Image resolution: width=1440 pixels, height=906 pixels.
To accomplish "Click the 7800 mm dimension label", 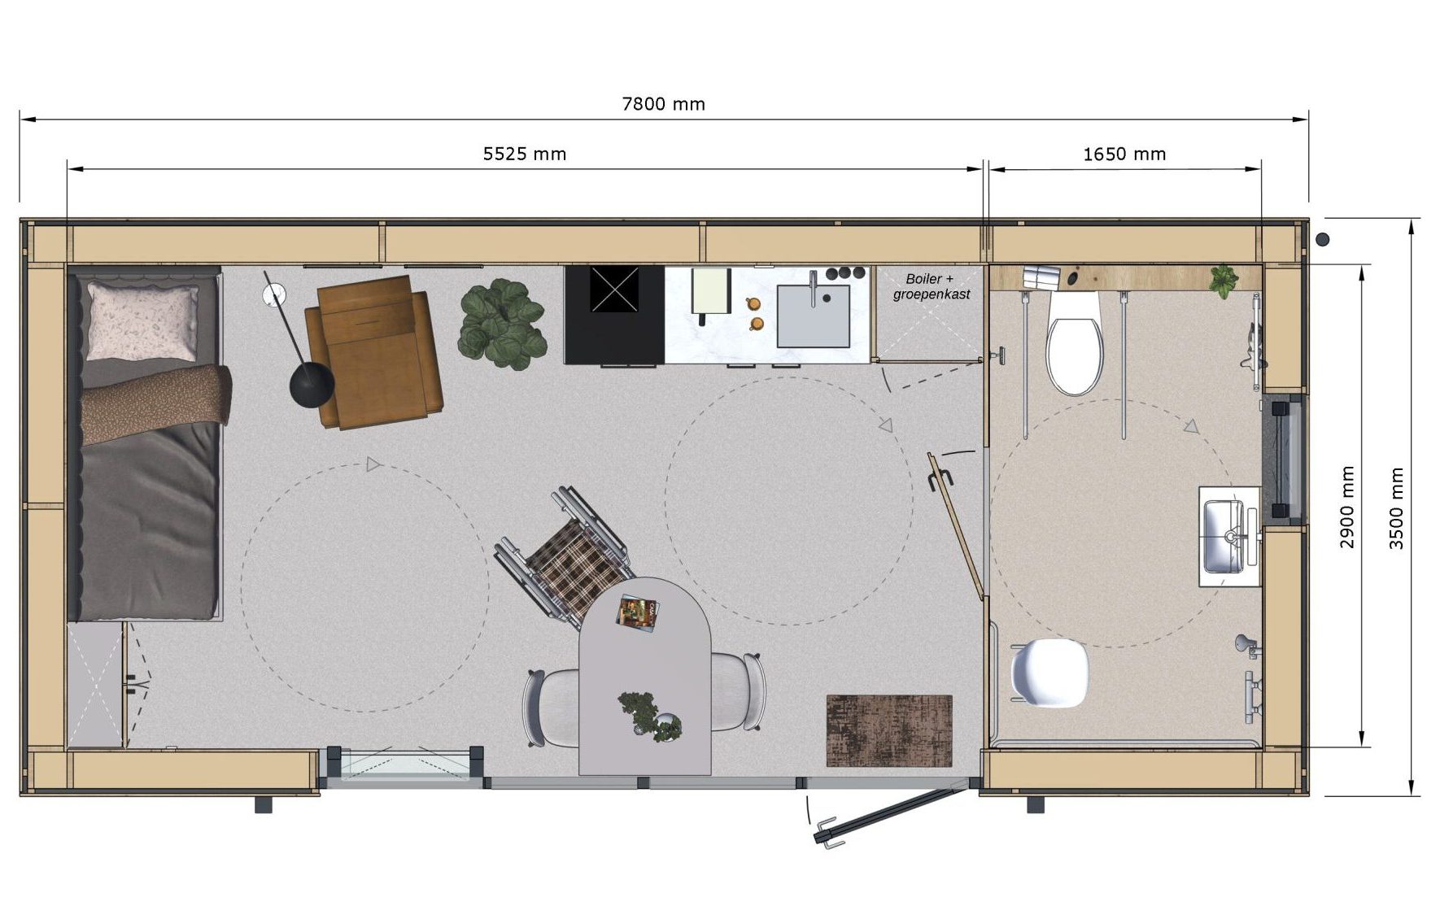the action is pos(663,104).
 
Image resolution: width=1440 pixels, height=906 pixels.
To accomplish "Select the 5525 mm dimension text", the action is pos(525,154).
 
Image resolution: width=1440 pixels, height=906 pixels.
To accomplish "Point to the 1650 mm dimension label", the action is pos(1124,154).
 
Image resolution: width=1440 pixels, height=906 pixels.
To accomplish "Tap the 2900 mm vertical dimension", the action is pos(1347,507).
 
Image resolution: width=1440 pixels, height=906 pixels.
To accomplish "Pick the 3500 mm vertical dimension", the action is pos(1396,509).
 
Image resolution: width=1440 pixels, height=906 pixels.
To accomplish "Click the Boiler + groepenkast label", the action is pos(931,287).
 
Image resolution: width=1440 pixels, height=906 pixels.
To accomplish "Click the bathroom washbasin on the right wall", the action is pos(1229,536).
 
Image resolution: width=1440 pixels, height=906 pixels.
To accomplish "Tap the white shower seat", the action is pos(1049,673).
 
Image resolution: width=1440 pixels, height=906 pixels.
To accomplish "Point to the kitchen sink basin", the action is pos(813,316).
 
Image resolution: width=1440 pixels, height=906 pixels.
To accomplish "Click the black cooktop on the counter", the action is pos(615,314).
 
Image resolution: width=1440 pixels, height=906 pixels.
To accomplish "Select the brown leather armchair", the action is pos(374,352).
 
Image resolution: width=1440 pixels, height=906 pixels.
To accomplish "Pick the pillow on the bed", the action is pos(142,321).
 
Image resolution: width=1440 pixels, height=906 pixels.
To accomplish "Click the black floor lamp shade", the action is pos(312,383).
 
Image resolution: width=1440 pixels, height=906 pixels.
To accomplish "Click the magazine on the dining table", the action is pos(637,612).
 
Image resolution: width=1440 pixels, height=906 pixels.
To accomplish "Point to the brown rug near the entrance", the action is pos(889,730).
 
